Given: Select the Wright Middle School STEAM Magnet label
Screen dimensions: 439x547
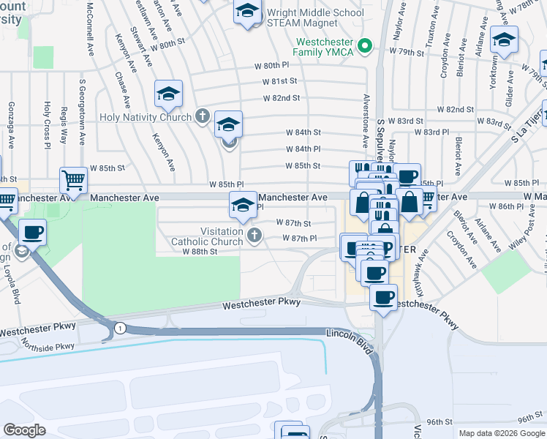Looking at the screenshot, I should click(315, 18).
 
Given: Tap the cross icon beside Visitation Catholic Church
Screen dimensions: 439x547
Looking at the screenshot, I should click(254, 235).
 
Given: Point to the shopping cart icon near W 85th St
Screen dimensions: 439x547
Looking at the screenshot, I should click(72, 179).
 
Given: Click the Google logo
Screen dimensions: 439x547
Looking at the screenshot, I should click(25, 430).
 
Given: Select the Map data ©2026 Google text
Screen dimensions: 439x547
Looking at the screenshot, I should click(502, 433).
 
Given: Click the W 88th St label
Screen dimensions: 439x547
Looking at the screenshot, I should click(200, 252).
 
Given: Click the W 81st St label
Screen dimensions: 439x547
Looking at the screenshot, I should click(281, 81).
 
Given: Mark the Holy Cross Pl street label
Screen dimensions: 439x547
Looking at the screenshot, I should click(47, 122).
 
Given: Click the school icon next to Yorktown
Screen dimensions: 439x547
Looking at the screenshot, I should click(504, 40).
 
